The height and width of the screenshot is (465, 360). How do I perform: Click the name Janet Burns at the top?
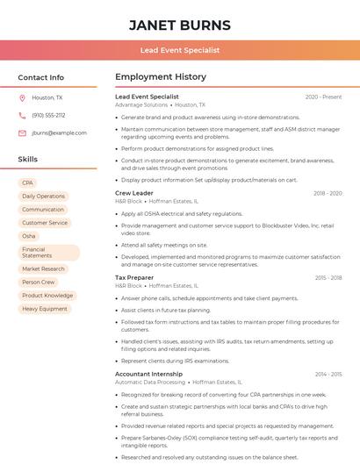click(x=179, y=25)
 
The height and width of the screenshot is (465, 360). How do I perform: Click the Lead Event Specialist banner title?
click(x=179, y=51)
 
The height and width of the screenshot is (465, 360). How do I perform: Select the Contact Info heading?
click(x=41, y=77)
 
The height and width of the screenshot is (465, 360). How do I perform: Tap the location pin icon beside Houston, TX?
click(x=22, y=98)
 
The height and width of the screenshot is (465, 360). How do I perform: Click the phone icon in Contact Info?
click(x=22, y=116)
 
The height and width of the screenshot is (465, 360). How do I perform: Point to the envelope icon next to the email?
click(x=22, y=133)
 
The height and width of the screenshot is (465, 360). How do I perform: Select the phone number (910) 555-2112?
click(x=48, y=116)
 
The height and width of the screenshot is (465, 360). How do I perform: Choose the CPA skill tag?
click(x=28, y=182)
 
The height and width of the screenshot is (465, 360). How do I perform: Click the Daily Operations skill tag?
click(x=43, y=197)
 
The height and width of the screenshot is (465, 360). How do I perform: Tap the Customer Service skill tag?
click(x=44, y=223)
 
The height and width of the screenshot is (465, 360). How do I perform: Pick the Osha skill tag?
click(x=29, y=236)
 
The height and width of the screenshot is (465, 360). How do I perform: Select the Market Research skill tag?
click(x=43, y=269)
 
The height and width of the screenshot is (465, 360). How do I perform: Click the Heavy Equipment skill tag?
click(x=44, y=309)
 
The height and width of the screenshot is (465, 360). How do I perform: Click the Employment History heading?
click(x=161, y=77)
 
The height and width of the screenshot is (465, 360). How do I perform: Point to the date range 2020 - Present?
click(x=323, y=97)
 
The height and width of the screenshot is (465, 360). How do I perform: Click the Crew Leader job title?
click(x=134, y=193)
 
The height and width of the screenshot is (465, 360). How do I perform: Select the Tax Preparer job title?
click(x=135, y=278)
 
